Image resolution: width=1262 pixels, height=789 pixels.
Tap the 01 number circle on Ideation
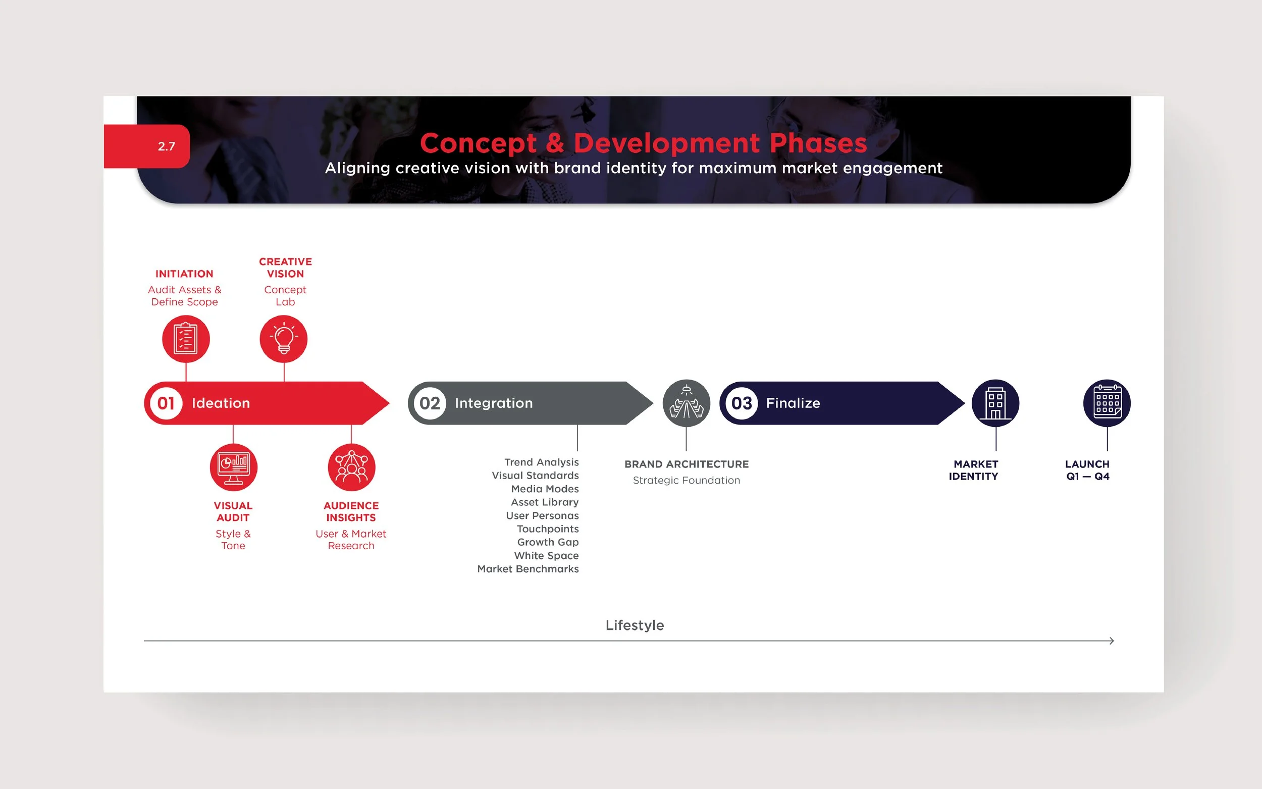pos(166,403)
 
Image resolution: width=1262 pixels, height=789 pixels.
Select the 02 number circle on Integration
pos(430,403)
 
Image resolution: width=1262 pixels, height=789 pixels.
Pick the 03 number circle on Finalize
pos(742,403)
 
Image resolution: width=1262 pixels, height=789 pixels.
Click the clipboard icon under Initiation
pos(186,339)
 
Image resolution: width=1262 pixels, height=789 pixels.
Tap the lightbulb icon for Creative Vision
pos(284,339)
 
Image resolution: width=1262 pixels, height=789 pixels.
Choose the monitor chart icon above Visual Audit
pos(233,467)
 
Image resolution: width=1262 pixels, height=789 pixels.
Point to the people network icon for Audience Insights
pos(351,467)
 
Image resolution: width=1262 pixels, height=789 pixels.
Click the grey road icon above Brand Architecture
pos(686,403)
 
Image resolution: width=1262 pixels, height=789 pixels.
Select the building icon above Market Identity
pos(995,403)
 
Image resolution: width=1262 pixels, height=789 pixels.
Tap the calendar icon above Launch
pos(1107,403)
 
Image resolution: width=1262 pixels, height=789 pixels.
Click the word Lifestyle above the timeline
pos(635,625)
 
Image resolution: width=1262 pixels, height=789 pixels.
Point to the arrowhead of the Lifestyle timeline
pos(1112,641)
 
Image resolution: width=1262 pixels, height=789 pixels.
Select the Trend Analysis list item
pos(541,462)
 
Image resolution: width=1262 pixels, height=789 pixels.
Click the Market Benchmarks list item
pos(528,569)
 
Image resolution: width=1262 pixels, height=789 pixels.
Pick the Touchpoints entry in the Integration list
pos(547,529)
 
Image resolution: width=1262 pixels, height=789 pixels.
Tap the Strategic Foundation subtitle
pos(686,481)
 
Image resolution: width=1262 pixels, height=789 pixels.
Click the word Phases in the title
pos(818,143)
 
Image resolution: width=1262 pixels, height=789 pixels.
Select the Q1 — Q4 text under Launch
pos(1088,477)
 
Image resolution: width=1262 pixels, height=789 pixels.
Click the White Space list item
pos(546,556)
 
